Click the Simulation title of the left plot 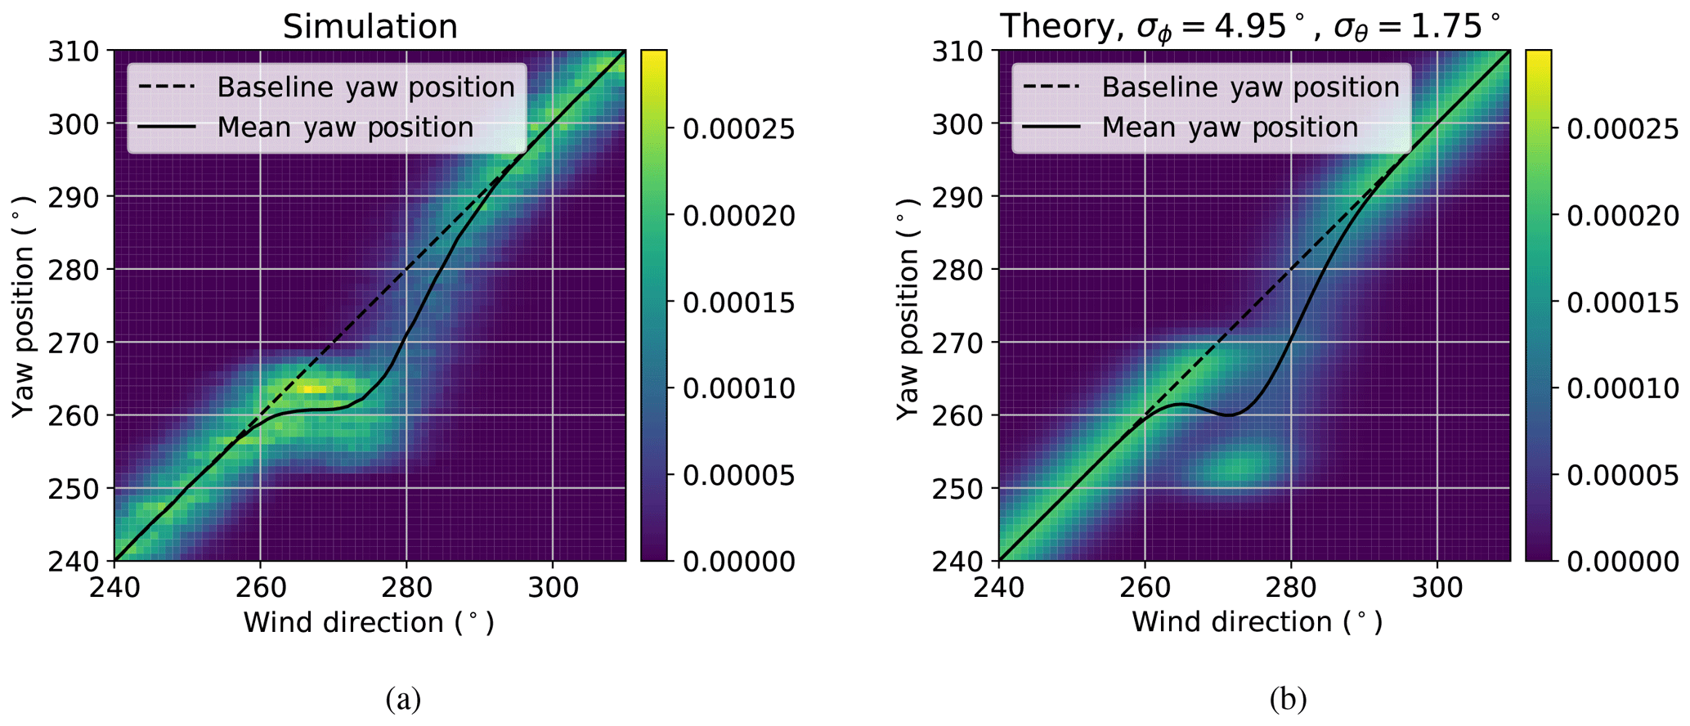[x=370, y=27]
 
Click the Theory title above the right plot [x=1252, y=27]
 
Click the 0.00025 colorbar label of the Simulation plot [x=738, y=129]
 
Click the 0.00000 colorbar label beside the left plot [x=738, y=562]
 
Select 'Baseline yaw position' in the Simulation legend [x=365, y=87]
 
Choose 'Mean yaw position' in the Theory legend [x=1230, y=128]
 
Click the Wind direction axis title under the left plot [x=369, y=623]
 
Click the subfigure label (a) [x=403, y=699]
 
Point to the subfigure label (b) [x=1288, y=699]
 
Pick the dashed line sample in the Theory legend [x=1051, y=87]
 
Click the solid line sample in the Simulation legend [x=167, y=128]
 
